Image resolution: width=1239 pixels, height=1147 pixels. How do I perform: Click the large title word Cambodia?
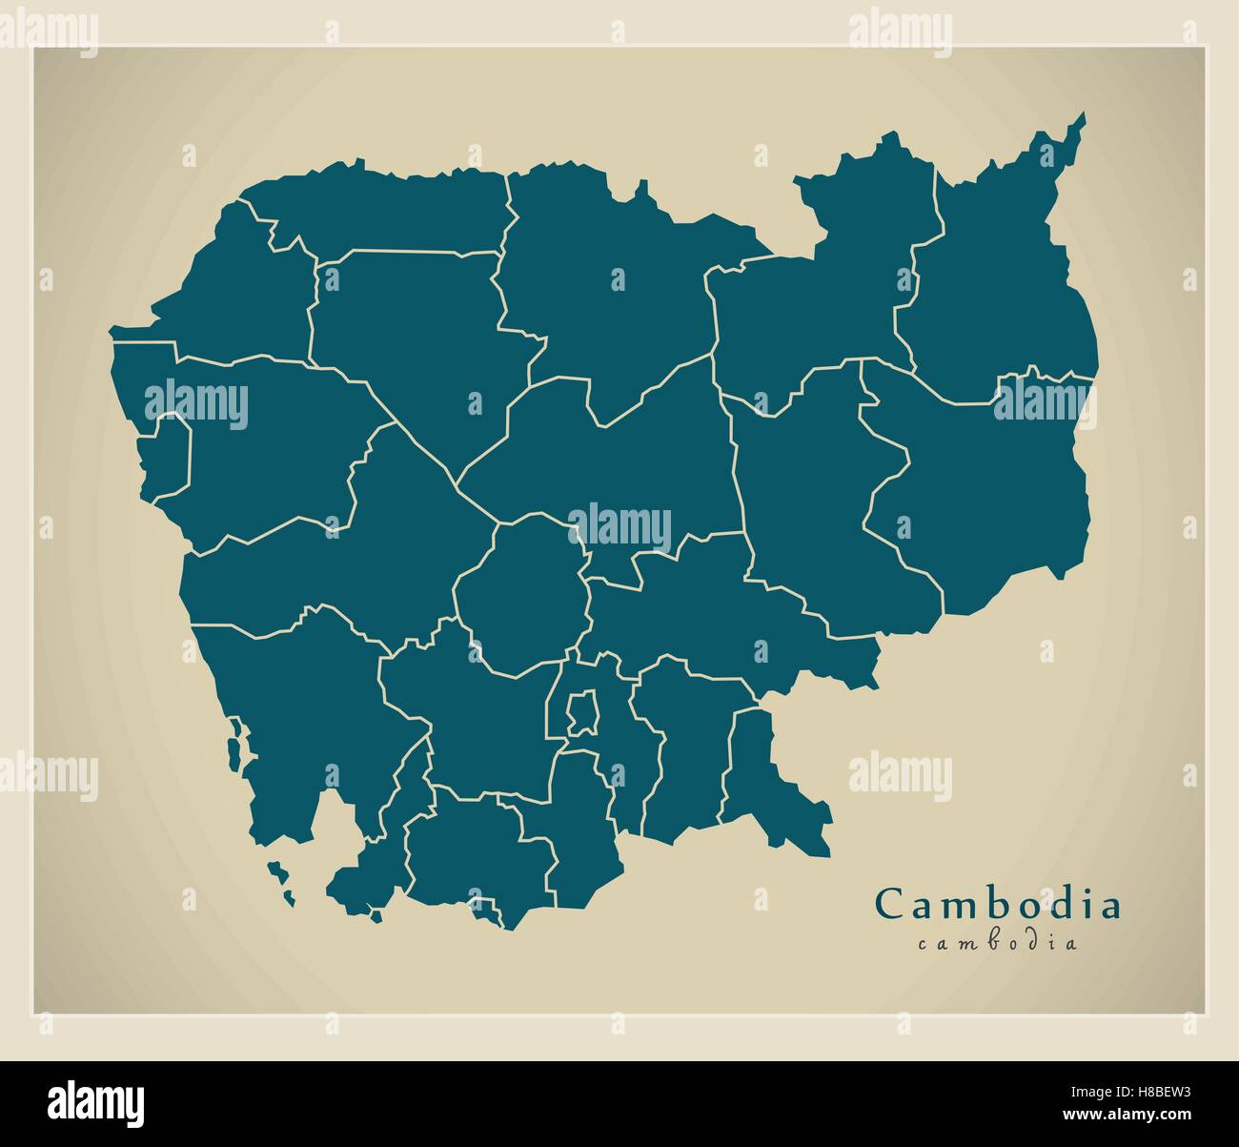[x=998, y=904]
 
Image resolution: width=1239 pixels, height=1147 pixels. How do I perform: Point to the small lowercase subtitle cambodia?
[x=998, y=944]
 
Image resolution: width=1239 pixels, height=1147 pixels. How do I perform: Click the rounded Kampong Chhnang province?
[x=519, y=596]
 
